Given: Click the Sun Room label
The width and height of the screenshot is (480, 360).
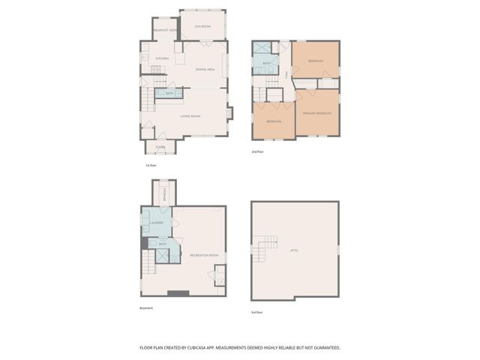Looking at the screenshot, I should [x=202, y=27].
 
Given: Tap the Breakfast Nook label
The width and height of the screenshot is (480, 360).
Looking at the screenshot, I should [x=165, y=30].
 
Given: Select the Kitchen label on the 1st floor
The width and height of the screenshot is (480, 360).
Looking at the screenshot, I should [x=162, y=58].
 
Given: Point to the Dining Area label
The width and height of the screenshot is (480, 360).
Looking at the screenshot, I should [x=205, y=70].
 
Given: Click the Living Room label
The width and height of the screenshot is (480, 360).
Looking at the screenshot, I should [x=190, y=116].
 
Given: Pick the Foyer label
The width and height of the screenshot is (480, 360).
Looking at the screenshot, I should [x=160, y=147].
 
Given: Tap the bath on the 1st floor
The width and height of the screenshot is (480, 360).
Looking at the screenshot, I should [x=169, y=93].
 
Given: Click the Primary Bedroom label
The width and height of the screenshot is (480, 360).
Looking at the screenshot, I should [x=316, y=113].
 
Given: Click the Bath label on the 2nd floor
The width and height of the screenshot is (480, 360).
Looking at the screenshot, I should [x=266, y=64].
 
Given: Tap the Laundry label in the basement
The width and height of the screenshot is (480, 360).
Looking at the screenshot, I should [x=157, y=223].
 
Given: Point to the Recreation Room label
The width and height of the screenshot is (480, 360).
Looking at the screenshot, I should [x=203, y=255].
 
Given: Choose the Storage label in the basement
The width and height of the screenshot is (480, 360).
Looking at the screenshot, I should [x=163, y=194].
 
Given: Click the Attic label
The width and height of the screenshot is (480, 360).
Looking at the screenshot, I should [x=295, y=250].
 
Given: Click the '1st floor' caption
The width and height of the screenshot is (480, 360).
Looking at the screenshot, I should [x=151, y=164].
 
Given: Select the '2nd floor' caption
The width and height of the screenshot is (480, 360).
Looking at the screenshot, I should [x=257, y=151].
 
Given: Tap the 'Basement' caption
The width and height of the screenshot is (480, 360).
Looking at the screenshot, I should [x=146, y=308].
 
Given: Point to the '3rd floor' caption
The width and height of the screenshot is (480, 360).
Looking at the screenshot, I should [x=257, y=312].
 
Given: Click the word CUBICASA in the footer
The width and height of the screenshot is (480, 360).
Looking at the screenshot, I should [x=205, y=348].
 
